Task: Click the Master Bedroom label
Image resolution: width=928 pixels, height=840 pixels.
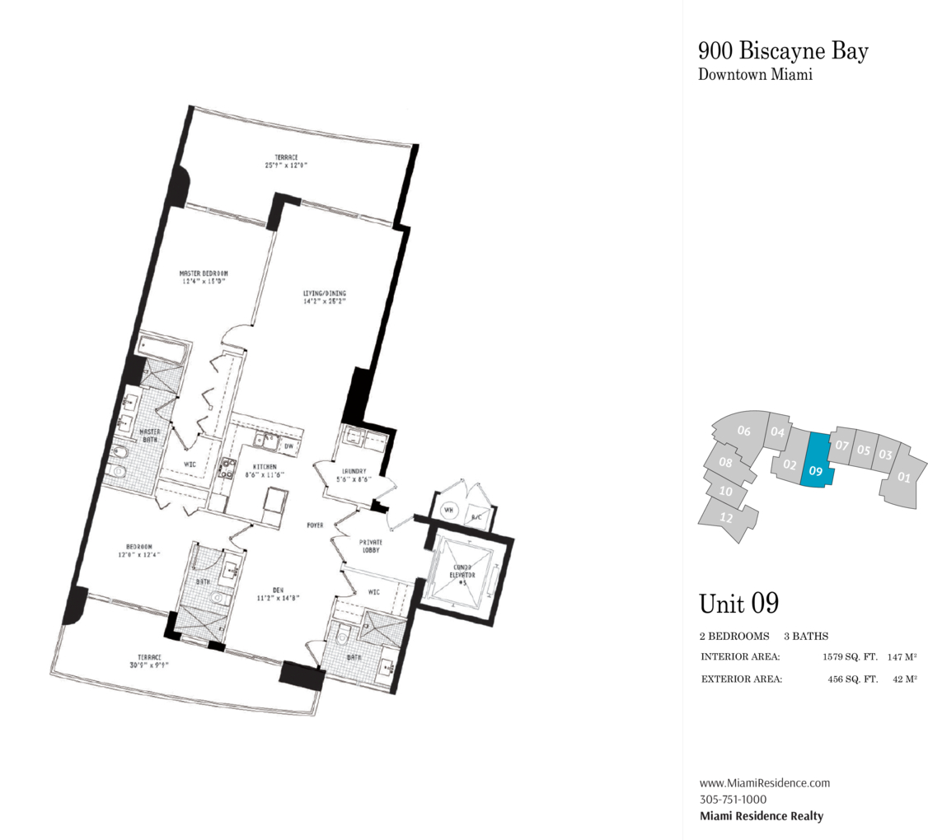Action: [x=204, y=273]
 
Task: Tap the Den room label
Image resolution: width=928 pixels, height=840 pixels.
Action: [x=278, y=588]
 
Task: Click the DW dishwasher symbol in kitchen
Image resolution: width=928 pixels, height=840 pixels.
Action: [x=288, y=446]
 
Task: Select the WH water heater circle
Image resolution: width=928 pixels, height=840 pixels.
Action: [x=449, y=509]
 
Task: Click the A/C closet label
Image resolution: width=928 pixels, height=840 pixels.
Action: [x=476, y=516]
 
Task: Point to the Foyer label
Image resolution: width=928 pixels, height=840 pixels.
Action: [x=315, y=525]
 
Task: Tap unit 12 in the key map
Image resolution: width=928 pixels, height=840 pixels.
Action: [x=726, y=518]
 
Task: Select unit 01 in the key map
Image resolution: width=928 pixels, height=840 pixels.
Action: [x=903, y=476]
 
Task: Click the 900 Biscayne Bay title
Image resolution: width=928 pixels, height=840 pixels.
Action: [x=783, y=51]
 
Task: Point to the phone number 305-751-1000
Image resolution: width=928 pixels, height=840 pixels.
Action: [x=733, y=799]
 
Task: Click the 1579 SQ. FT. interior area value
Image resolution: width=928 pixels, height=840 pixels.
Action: [x=848, y=657]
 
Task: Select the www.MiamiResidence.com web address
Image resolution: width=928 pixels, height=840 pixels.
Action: [x=764, y=782]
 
